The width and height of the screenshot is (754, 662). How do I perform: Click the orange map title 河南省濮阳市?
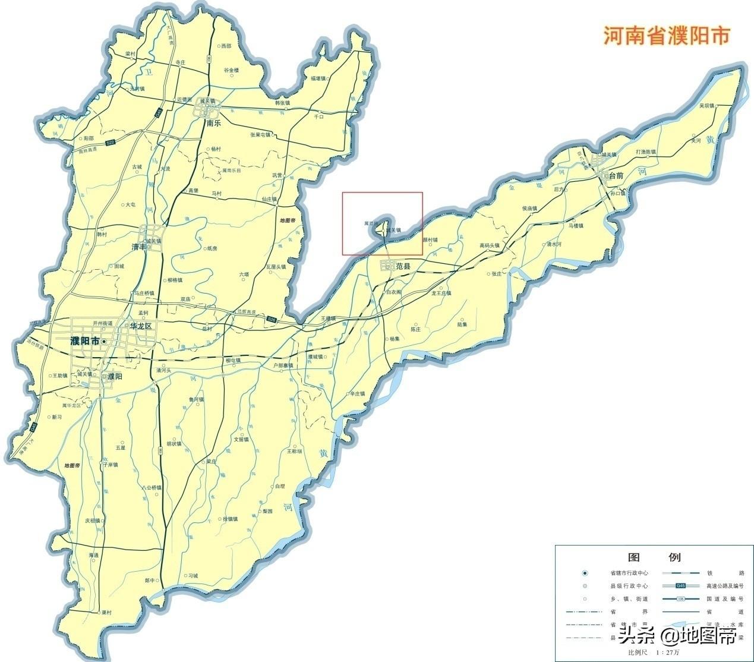click(665, 36)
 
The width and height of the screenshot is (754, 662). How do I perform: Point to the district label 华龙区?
click(141, 326)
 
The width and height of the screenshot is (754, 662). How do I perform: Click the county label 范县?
click(403, 267)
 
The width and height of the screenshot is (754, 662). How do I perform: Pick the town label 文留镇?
click(241, 440)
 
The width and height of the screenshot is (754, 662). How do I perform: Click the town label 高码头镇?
click(490, 245)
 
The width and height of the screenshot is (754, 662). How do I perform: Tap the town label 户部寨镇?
click(283, 365)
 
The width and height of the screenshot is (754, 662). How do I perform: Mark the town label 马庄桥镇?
click(144, 293)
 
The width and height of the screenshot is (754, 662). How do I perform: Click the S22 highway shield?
click(110, 143)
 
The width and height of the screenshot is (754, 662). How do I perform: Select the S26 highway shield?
click(272, 320)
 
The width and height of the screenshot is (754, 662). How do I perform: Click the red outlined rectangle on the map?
click(382, 223)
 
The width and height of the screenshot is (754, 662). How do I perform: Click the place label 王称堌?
click(295, 451)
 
